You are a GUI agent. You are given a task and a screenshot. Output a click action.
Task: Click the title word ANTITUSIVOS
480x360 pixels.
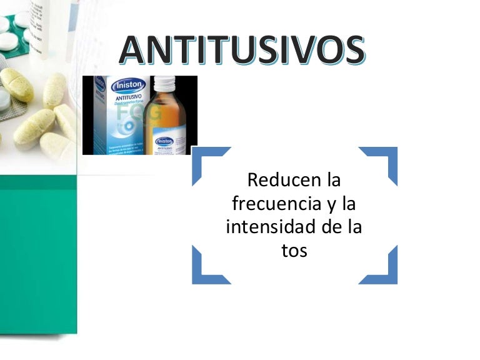242,51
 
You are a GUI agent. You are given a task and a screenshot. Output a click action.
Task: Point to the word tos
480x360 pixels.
294,250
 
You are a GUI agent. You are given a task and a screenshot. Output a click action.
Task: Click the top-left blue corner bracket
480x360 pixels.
206,161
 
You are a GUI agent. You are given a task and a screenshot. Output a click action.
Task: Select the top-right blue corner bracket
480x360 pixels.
383,161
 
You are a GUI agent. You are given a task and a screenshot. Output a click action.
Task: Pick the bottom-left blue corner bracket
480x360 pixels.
206,270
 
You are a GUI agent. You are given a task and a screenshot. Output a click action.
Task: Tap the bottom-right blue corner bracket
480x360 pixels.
383,270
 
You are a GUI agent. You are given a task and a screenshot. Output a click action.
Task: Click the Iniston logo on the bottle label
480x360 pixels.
164,142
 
